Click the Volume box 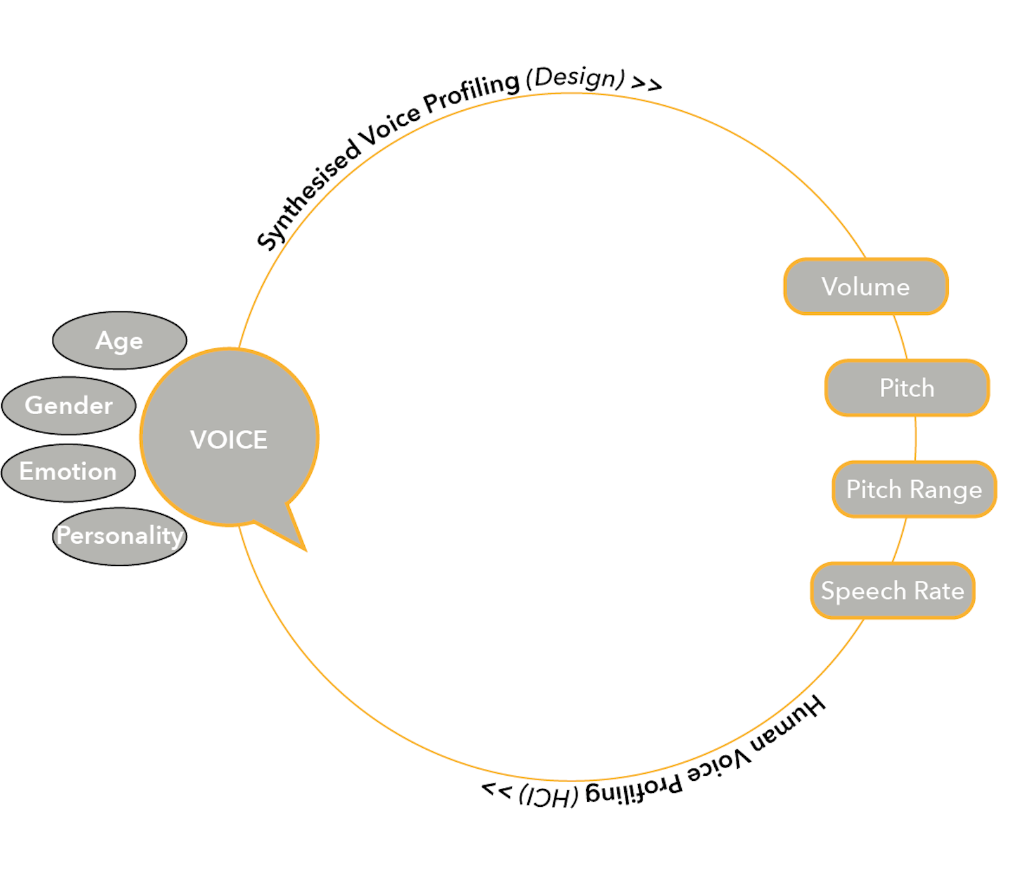(866, 287)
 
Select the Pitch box (907, 388)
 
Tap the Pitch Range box (914, 490)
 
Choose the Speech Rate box (892, 591)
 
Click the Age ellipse (119, 341)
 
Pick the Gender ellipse (68, 406)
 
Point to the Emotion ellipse (68, 472)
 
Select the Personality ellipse (119, 536)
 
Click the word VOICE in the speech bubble (229, 439)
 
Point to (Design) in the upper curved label (575, 78)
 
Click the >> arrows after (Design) (646, 84)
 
